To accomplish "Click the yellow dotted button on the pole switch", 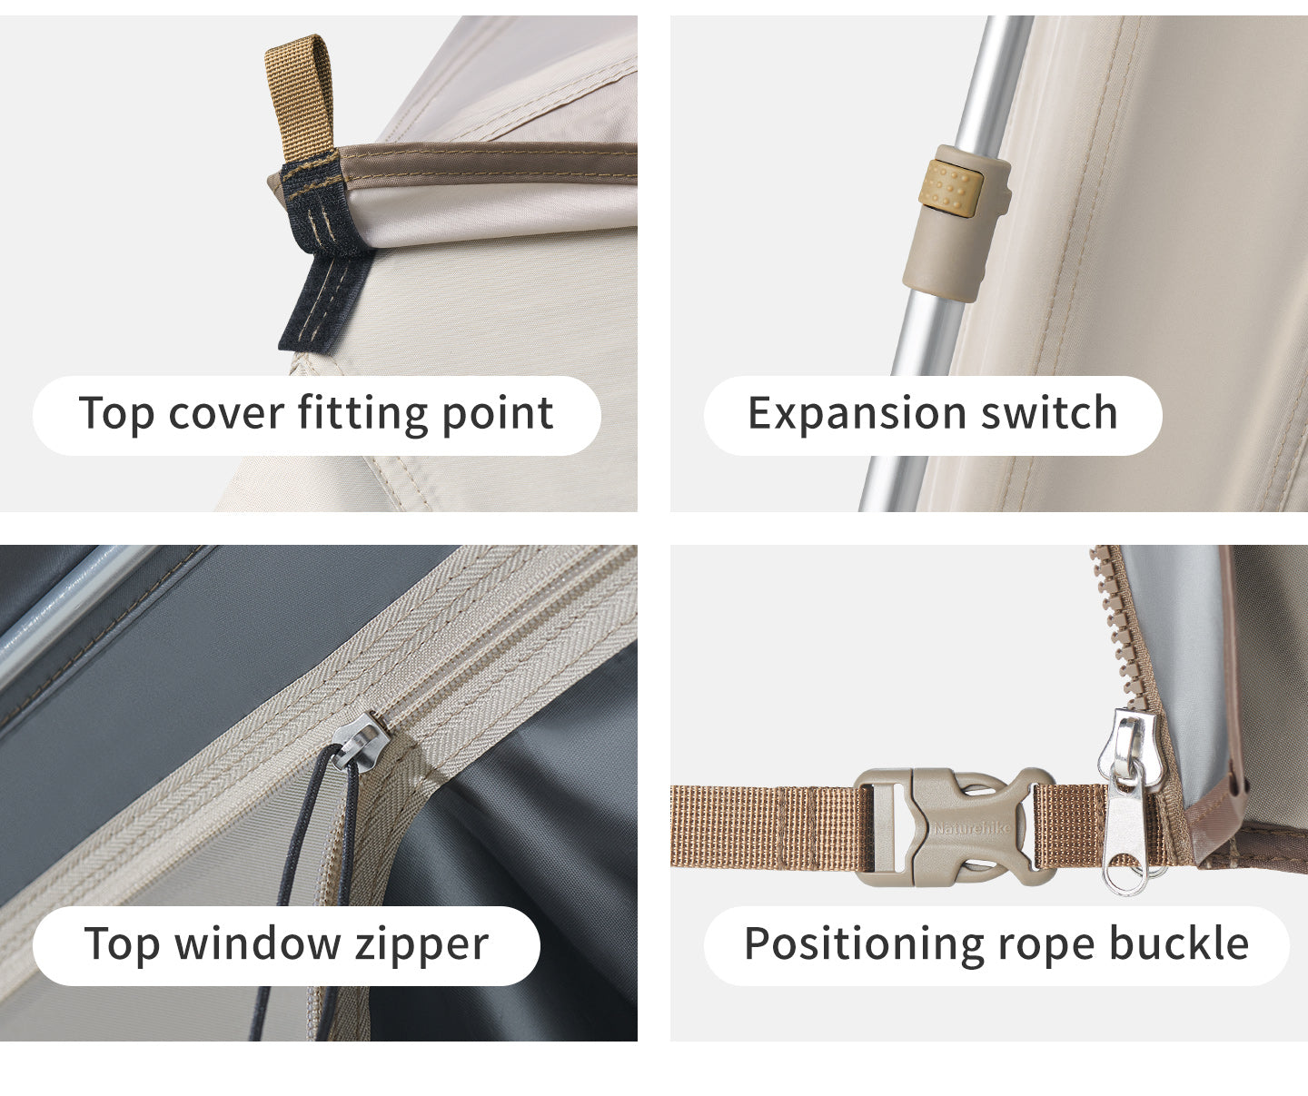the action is [950, 189].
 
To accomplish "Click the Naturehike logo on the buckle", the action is [972, 828].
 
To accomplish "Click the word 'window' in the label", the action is [257, 943].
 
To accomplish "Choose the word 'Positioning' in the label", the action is [863, 945].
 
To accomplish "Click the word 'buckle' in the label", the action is [1180, 943].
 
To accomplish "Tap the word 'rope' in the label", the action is [1045, 950].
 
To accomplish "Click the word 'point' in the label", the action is [498, 415].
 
